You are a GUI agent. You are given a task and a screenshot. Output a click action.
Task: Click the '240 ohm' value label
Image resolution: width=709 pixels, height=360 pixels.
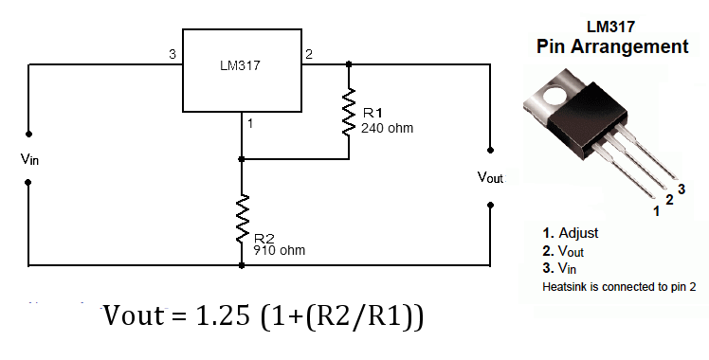coord(387,128)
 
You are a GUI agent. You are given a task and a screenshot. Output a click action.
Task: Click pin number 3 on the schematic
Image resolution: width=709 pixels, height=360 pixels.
coord(172,54)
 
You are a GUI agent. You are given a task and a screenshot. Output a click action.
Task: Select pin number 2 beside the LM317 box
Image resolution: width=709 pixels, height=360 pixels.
coord(309,54)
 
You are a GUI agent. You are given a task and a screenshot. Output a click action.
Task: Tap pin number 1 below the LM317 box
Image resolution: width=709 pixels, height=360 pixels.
coord(249,123)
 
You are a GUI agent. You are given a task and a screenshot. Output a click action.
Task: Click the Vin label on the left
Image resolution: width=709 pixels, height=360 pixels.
coord(29,158)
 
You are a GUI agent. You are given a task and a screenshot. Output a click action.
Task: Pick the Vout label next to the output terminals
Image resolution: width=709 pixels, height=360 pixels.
coord(491,177)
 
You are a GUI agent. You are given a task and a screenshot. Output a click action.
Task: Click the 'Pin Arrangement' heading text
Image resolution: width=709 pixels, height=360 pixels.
coord(612,45)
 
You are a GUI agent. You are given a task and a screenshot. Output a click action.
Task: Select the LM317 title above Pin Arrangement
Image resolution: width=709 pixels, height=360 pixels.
coord(612,27)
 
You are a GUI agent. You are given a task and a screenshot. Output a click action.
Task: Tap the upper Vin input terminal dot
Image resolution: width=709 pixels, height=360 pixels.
coord(28,134)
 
